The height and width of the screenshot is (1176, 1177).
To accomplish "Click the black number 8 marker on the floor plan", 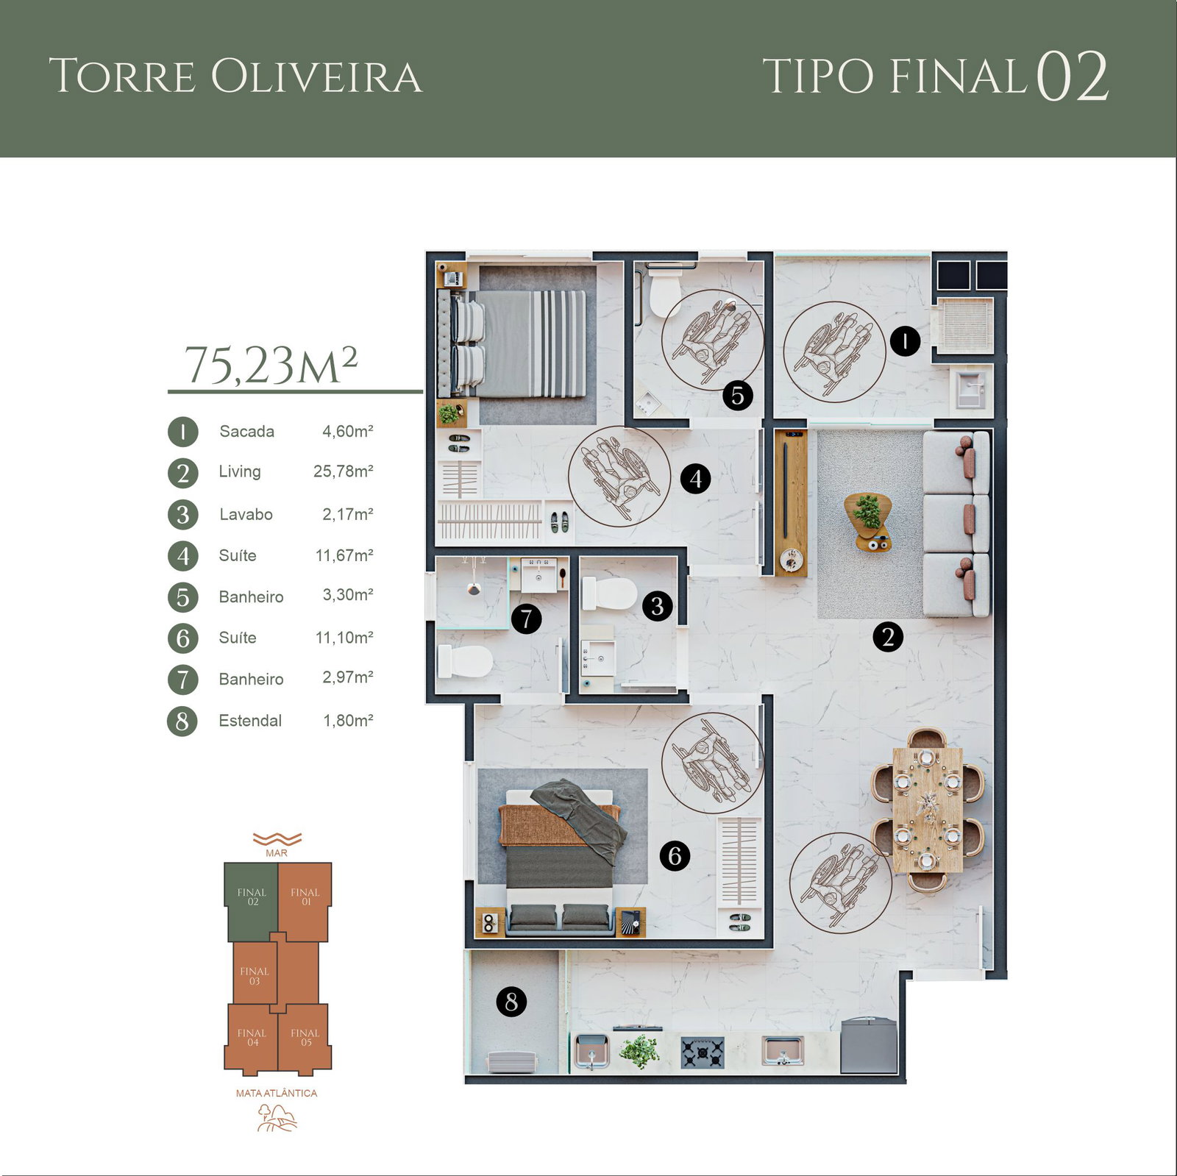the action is (x=511, y=1002).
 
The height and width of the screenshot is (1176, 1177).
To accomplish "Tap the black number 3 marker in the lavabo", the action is (x=657, y=606).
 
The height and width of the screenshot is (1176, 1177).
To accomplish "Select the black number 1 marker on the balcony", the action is (x=905, y=341).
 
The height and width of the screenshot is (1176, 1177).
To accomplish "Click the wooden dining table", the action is (x=928, y=810).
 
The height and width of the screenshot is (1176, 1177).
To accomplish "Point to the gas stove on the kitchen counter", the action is (x=702, y=1052).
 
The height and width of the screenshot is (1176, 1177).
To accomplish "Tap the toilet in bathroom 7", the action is (x=465, y=661).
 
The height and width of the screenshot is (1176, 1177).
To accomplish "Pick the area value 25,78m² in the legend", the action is (x=344, y=471).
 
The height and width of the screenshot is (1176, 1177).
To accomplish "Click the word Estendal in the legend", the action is (x=250, y=721).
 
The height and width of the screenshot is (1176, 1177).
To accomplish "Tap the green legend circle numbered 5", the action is (x=183, y=597).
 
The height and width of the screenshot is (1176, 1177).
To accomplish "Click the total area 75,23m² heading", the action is (x=271, y=365).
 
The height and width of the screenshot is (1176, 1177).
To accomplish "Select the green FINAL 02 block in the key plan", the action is (x=252, y=902).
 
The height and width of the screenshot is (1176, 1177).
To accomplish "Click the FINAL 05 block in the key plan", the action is (x=305, y=1037).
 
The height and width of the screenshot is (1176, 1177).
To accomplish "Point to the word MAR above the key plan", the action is (x=277, y=853).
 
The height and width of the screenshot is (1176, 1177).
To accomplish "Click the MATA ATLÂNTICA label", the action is (x=277, y=1093).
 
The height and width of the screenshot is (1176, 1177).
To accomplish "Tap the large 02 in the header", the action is (x=1073, y=76).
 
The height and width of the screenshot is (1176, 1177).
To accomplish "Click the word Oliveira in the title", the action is (x=317, y=76).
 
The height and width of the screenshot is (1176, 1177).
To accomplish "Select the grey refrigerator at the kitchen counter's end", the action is (x=869, y=1045).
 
